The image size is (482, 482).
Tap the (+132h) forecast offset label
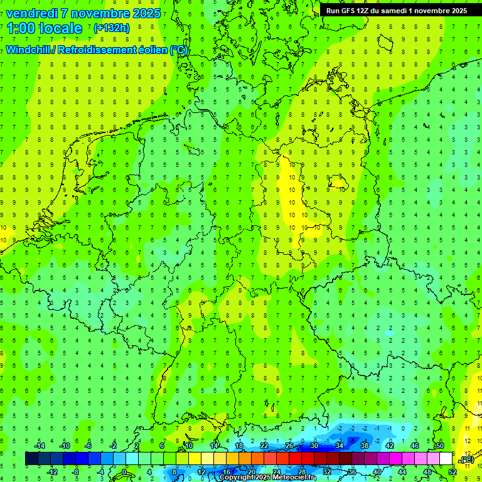click(x=111, y=28)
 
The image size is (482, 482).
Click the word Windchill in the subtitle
click(x=29, y=50)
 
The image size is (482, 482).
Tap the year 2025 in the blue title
click(x=144, y=13)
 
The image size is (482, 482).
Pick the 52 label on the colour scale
click(x=453, y=472)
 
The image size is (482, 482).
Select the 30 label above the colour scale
click(x=314, y=446)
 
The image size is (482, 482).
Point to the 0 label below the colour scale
click(x=124, y=472)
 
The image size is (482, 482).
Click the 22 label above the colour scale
click(x=264, y=446)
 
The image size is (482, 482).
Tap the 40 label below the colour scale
click(x=377, y=472)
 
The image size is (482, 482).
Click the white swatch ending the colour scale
click(x=446, y=459)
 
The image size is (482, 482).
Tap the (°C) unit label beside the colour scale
click(x=467, y=460)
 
